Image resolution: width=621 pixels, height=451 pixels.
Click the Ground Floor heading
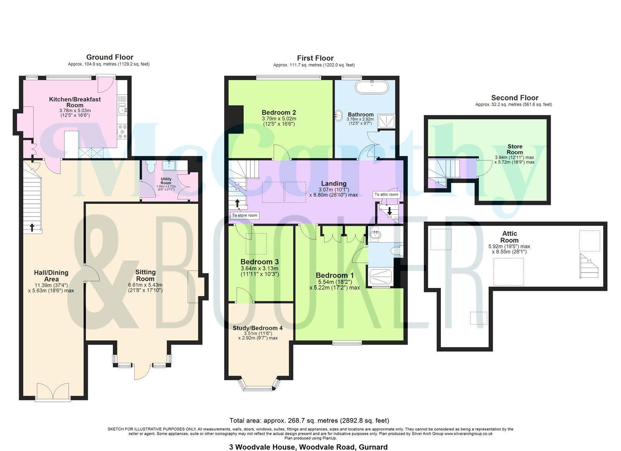tap(110, 57)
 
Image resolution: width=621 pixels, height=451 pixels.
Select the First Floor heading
tap(315, 58)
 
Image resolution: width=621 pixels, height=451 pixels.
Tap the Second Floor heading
tap(514, 98)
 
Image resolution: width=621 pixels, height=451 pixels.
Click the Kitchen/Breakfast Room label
tap(75, 102)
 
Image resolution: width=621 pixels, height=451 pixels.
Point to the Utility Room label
tap(166, 181)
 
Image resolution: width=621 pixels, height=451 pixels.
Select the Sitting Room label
tap(145, 275)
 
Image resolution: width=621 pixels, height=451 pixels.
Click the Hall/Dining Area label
tap(51, 276)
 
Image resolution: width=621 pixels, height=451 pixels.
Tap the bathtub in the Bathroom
tap(371, 88)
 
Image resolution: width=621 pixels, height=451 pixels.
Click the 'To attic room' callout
tap(386, 195)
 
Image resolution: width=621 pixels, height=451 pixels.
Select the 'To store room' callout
tap(245, 215)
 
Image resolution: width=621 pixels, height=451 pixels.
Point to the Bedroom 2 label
tap(279, 112)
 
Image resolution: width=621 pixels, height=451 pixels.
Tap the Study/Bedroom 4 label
tap(258, 328)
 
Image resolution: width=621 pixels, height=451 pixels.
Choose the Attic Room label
tap(509, 237)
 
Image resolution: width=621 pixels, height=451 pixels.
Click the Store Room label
tap(515, 149)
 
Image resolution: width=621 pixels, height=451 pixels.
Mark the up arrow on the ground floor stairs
tap(32, 228)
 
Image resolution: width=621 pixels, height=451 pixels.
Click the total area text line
tap(309, 421)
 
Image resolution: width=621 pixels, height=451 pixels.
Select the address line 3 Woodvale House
tap(308, 447)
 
